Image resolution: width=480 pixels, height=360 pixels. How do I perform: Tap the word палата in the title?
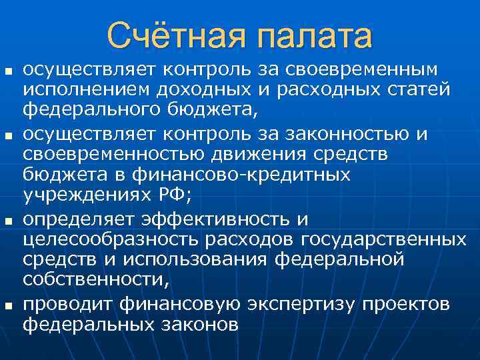point(312,36)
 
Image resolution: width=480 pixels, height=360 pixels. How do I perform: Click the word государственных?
point(384,239)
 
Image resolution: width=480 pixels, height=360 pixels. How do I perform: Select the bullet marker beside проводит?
point(8,305)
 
